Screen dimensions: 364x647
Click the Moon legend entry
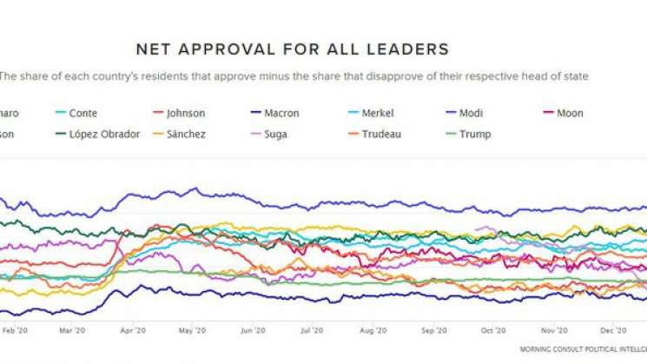[569, 113]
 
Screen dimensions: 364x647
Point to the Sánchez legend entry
[188, 134]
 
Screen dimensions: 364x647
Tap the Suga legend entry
[275, 134]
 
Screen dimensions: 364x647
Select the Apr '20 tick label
[132, 331]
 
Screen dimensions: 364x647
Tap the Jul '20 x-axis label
[311, 331]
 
